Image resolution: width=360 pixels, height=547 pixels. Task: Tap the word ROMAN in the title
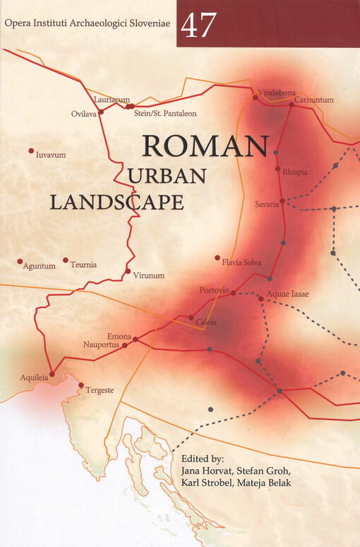pyautogui.click(x=206, y=146)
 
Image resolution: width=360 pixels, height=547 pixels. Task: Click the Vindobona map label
pyautogui.click(x=277, y=92)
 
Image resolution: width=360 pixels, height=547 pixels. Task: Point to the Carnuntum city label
pyautogui.click(x=313, y=100)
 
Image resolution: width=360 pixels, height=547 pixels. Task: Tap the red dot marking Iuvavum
pyautogui.click(x=31, y=150)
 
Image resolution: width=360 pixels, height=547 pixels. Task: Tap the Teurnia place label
pyautogui.click(x=83, y=265)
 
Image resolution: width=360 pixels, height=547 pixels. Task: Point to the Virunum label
pyautogui.click(x=148, y=275)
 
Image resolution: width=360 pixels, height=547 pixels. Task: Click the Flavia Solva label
pyautogui.click(x=241, y=263)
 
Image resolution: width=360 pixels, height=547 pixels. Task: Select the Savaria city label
pyautogui.click(x=267, y=205)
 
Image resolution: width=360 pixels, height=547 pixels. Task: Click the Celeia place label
pyautogui.click(x=206, y=323)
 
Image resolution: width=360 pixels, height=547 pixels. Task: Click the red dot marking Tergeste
pyautogui.click(x=81, y=385)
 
